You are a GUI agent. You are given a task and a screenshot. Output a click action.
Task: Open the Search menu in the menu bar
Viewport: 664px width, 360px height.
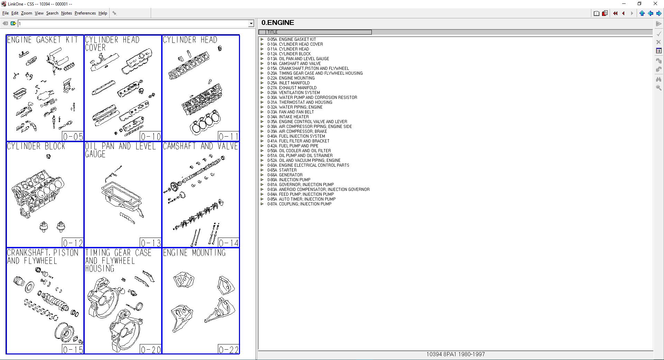(x=52, y=13)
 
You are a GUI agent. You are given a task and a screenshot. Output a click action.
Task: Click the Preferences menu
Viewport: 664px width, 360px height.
(x=85, y=13)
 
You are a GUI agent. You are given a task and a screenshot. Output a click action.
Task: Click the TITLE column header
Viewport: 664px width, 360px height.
(x=315, y=32)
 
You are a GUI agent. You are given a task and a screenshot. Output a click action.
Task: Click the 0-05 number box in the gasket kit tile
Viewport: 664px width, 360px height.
(x=73, y=137)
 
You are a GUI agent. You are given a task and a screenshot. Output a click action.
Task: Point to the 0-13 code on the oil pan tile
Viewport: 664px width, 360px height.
(x=151, y=243)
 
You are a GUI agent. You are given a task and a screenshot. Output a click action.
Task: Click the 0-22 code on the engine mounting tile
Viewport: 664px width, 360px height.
(x=229, y=350)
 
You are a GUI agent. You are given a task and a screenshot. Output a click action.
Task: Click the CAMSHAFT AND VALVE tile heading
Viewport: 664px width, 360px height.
(x=200, y=146)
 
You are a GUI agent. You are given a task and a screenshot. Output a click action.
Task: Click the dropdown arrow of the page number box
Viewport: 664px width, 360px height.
(x=251, y=24)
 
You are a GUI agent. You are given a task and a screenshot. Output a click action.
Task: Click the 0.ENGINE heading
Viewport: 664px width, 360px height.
(x=278, y=23)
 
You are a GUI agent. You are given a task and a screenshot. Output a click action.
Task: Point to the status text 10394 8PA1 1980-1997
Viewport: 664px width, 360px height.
(x=455, y=354)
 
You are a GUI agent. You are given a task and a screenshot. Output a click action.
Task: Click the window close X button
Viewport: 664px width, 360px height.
(x=655, y=4)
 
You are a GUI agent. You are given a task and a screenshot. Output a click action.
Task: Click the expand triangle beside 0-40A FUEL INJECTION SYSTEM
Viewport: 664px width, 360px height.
(x=262, y=136)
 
